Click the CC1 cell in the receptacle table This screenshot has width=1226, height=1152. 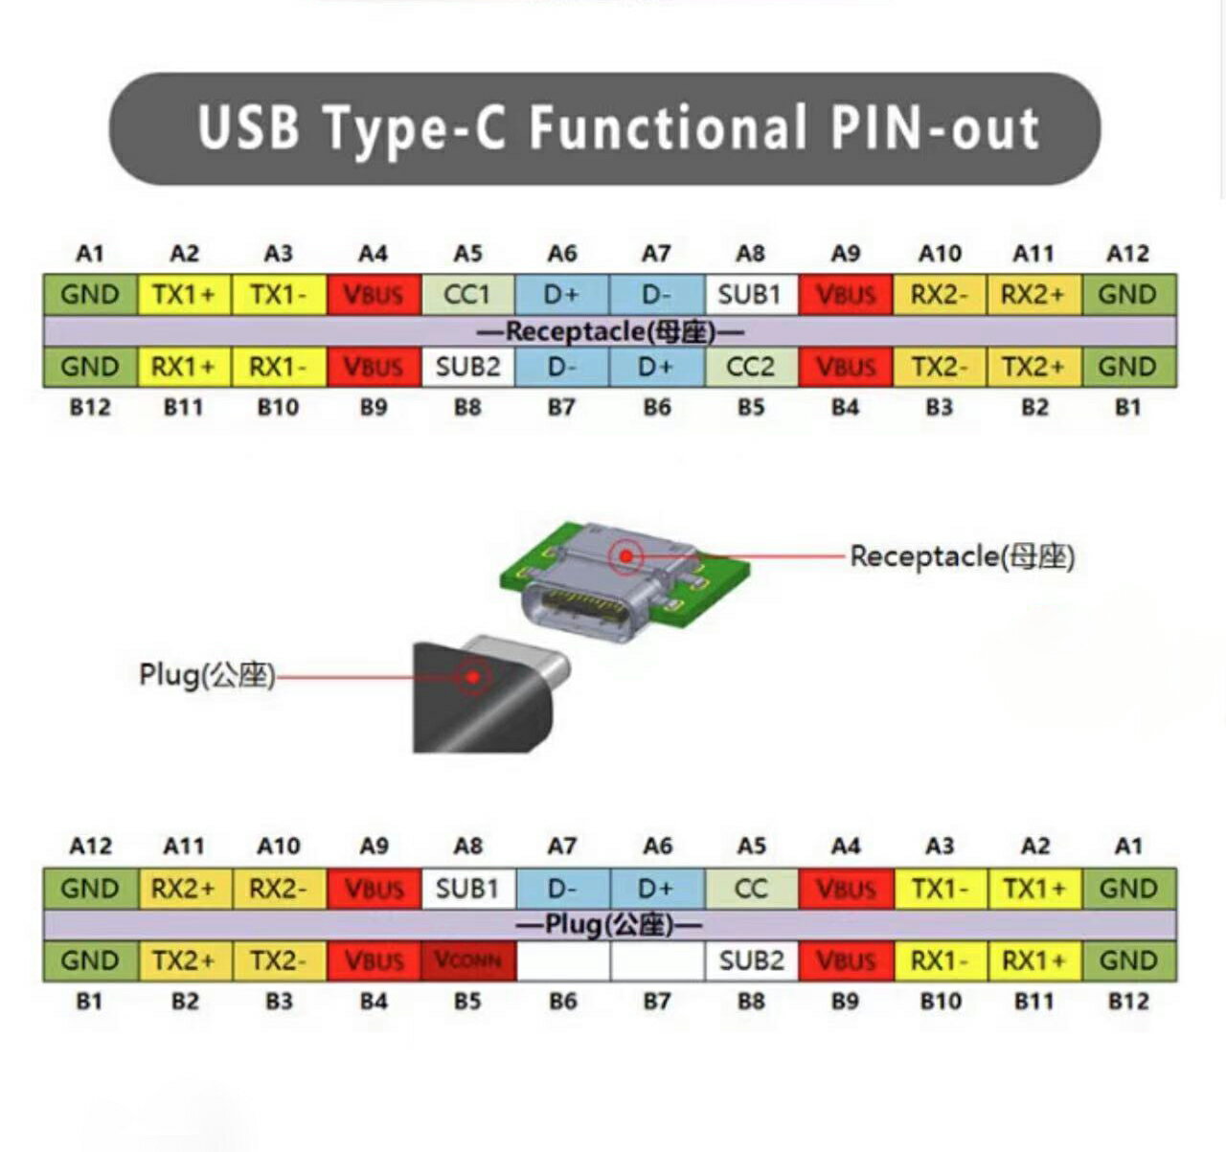click(468, 295)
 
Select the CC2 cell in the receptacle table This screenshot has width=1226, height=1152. click(750, 367)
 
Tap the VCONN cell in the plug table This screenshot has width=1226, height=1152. click(468, 960)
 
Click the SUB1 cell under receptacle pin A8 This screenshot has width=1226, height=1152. click(750, 295)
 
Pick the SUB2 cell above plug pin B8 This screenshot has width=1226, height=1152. click(751, 960)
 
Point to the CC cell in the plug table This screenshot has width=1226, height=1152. click(751, 889)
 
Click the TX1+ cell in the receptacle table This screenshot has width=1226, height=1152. click(185, 295)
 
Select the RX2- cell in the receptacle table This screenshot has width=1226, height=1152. click(940, 295)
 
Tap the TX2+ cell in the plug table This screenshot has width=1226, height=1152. click(185, 960)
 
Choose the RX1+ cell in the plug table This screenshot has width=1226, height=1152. click(1034, 960)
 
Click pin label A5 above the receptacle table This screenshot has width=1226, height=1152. click(468, 253)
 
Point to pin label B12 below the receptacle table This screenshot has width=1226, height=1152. click(90, 407)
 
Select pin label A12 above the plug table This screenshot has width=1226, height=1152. click(90, 846)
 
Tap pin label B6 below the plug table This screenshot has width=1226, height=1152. click(563, 1001)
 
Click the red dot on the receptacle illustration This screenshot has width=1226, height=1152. click(626, 556)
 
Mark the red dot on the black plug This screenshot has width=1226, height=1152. click(473, 677)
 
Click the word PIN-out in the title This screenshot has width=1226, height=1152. click(935, 127)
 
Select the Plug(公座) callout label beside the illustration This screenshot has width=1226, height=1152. click(207, 675)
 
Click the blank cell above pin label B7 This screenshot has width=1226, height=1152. click(657, 960)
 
